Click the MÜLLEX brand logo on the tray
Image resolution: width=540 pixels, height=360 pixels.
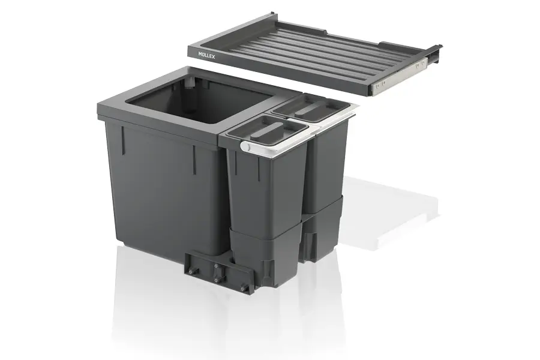206,55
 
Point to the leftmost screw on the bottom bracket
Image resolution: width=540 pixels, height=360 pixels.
190,271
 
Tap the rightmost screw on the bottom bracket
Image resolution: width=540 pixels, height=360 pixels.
244,286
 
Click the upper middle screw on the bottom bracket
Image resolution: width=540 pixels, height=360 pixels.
216,266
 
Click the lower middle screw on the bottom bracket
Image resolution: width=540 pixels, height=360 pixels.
216,280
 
